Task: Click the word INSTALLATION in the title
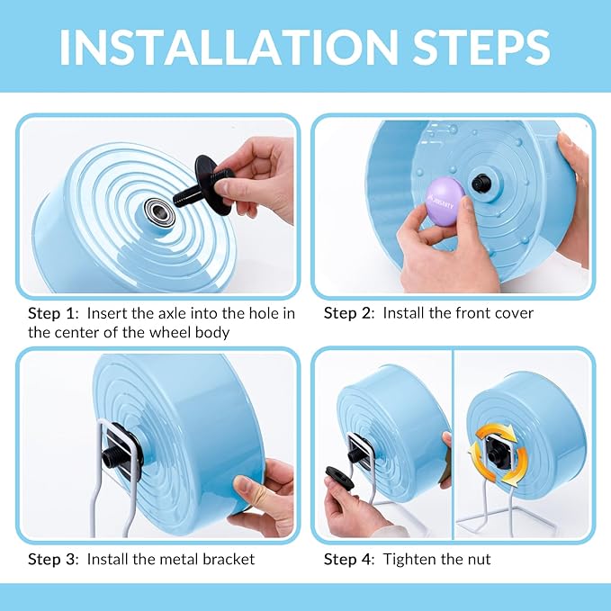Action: tap(224, 46)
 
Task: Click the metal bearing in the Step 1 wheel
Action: tap(162, 215)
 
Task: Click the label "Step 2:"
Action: tap(349, 313)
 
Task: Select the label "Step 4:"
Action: tap(349, 559)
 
